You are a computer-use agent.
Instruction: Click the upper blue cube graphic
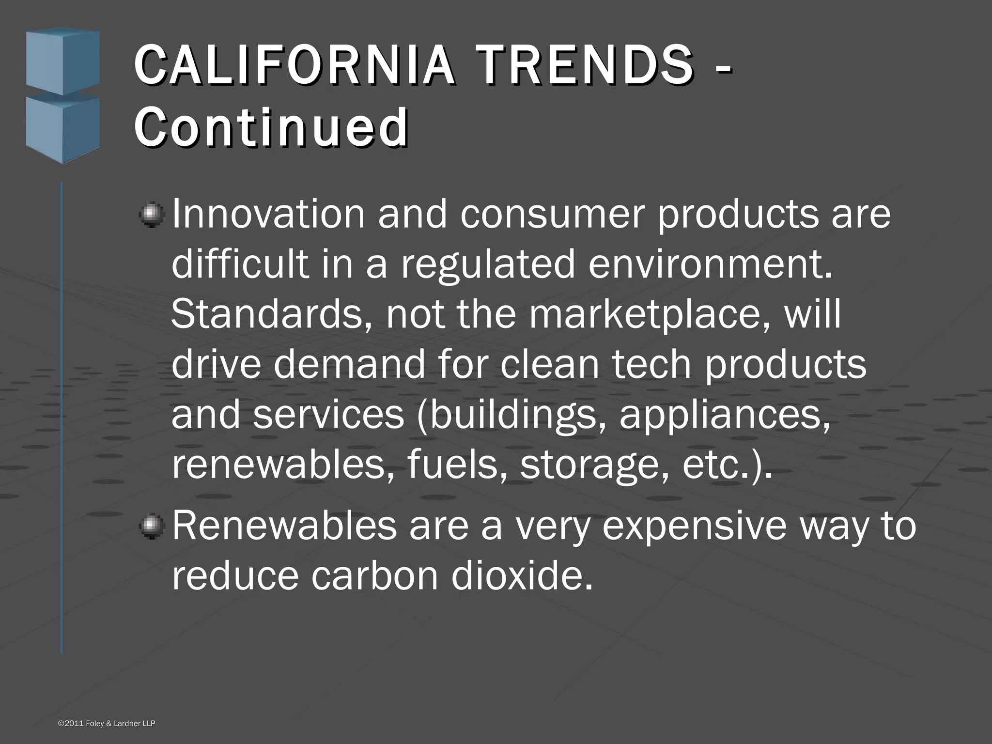tap(62, 61)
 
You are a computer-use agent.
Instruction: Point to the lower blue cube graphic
tap(62, 127)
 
